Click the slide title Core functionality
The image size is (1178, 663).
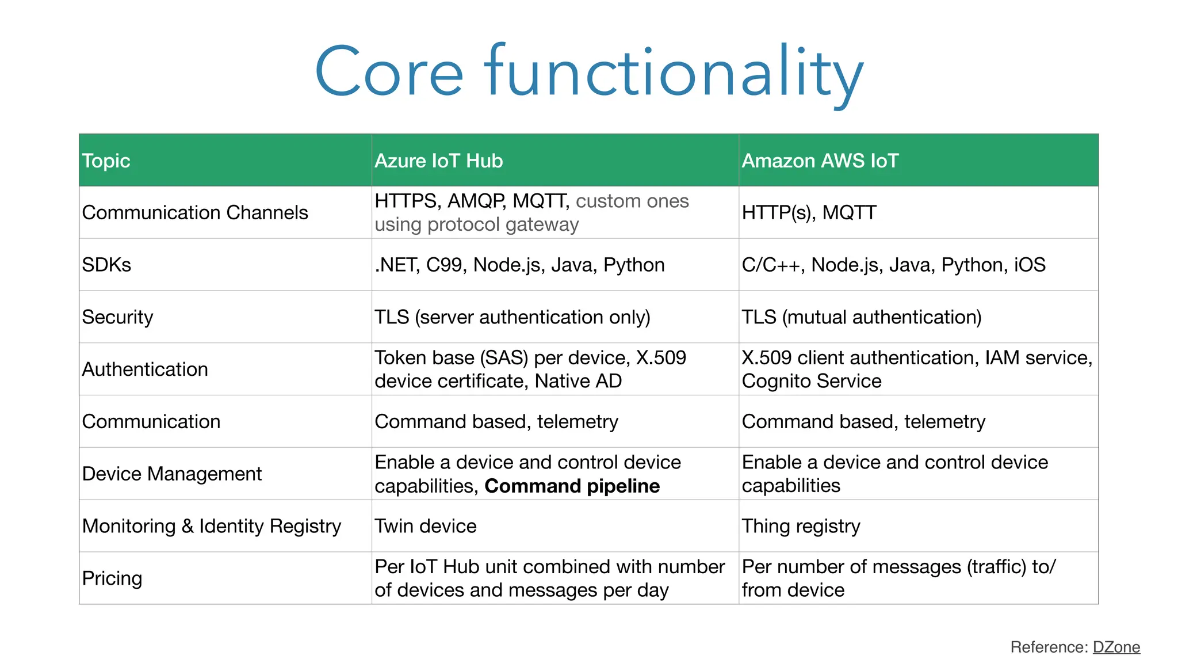(589, 72)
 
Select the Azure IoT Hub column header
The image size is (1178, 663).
(438, 161)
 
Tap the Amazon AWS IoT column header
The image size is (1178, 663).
(820, 161)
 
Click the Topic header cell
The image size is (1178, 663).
(106, 161)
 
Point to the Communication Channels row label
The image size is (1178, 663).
(195, 212)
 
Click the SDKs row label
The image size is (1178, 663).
(106, 265)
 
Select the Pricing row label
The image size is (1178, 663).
(112, 578)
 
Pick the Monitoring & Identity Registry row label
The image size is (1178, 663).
(212, 526)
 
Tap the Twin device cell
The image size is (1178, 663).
(426, 526)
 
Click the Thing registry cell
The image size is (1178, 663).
(801, 526)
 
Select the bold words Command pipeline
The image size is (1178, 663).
(572, 486)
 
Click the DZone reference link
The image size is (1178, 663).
(1116, 647)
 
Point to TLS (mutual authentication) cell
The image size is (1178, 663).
(861, 317)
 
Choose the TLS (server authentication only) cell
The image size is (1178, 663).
(512, 317)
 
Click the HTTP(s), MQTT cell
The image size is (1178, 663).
(809, 212)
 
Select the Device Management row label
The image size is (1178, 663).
(172, 474)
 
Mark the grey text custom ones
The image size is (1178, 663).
(632, 201)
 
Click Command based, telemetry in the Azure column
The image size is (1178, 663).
(496, 421)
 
